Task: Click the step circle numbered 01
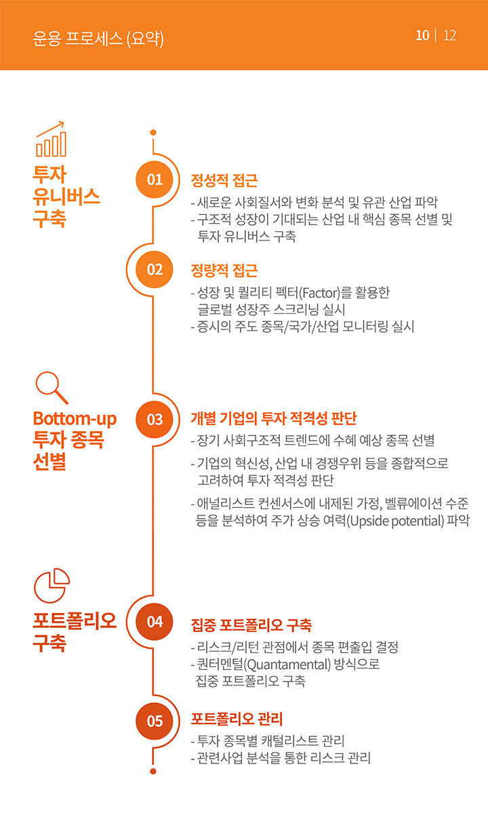click(155, 180)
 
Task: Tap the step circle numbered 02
click(155, 269)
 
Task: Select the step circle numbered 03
click(155, 420)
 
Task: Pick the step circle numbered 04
click(155, 621)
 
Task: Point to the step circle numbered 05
click(155, 721)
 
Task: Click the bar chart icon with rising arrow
click(51, 139)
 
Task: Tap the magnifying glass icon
click(52, 388)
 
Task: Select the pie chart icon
click(52, 585)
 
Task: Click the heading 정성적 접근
click(224, 180)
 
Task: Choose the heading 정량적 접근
click(224, 271)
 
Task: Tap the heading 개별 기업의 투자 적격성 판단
click(274, 418)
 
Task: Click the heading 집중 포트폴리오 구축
click(251, 625)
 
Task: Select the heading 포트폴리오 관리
click(237, 719)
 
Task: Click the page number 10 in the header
click(422, 35)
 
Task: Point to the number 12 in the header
click(449, 35)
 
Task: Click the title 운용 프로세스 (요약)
click(98, 39)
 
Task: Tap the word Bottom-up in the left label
click(75, 418)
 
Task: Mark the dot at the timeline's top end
click(153, 132)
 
